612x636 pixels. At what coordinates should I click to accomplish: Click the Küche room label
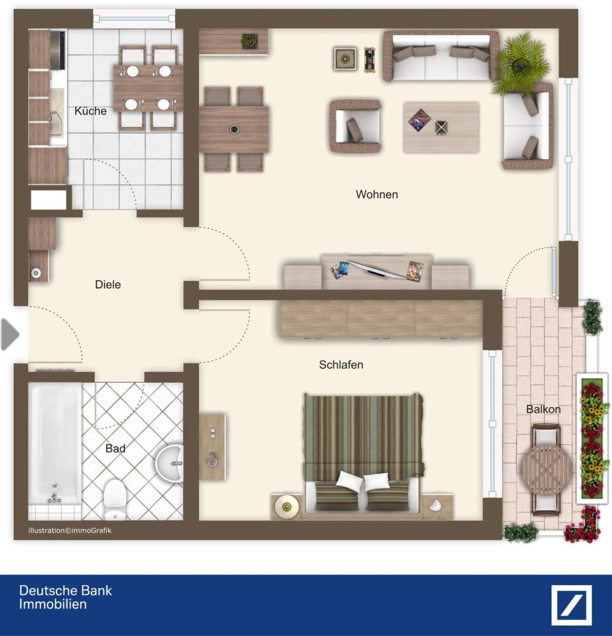coord(90,111)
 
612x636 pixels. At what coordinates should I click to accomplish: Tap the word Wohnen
coord(377,195)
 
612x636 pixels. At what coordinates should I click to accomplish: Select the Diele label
coord(108,284)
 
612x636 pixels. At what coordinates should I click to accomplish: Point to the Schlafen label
coord(341,365)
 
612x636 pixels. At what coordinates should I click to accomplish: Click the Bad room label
coord(115,448)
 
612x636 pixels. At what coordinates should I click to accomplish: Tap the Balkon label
coord(543,410)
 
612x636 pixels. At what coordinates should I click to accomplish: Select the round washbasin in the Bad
coord(170,462)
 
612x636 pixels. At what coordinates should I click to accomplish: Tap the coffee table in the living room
coord(441,127)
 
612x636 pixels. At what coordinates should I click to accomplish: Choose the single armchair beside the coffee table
coord(355,126)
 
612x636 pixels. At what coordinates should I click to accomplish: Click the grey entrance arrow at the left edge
coord(10,335)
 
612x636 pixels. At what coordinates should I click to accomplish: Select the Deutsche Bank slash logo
coord(571,605)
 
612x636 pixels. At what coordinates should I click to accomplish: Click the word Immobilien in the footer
coord(52,604)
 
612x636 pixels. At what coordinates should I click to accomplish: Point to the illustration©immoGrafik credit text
coord(69,530)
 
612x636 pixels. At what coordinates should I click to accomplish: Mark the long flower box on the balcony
coord(591,439)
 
